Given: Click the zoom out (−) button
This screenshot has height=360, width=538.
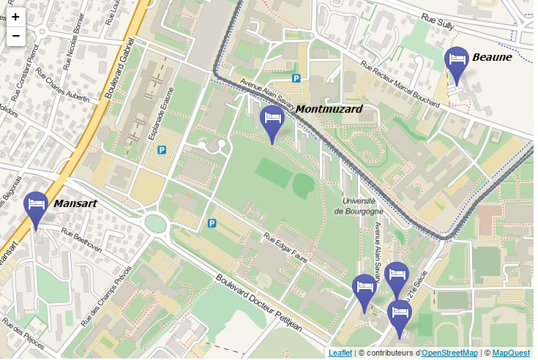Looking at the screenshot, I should pyautogui.click(x=15, y=35).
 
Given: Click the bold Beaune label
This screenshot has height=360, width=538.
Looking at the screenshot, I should pyautogui.click(x=491, y=56).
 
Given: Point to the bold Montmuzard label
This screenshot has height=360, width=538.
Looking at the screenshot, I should pyautogui.click(x=329, y=109).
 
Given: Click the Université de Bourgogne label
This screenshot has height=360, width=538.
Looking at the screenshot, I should pyautogui.click(x=359, y=206).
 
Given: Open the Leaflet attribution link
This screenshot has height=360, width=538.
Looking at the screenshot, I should pyautogui.click(x=340, y=353).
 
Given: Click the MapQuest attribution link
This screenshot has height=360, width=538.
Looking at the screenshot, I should pyautogui.click(x=511, y=353).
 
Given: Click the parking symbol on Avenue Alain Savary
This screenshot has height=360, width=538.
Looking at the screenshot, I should pyautogui.click(x=296, y=78).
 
